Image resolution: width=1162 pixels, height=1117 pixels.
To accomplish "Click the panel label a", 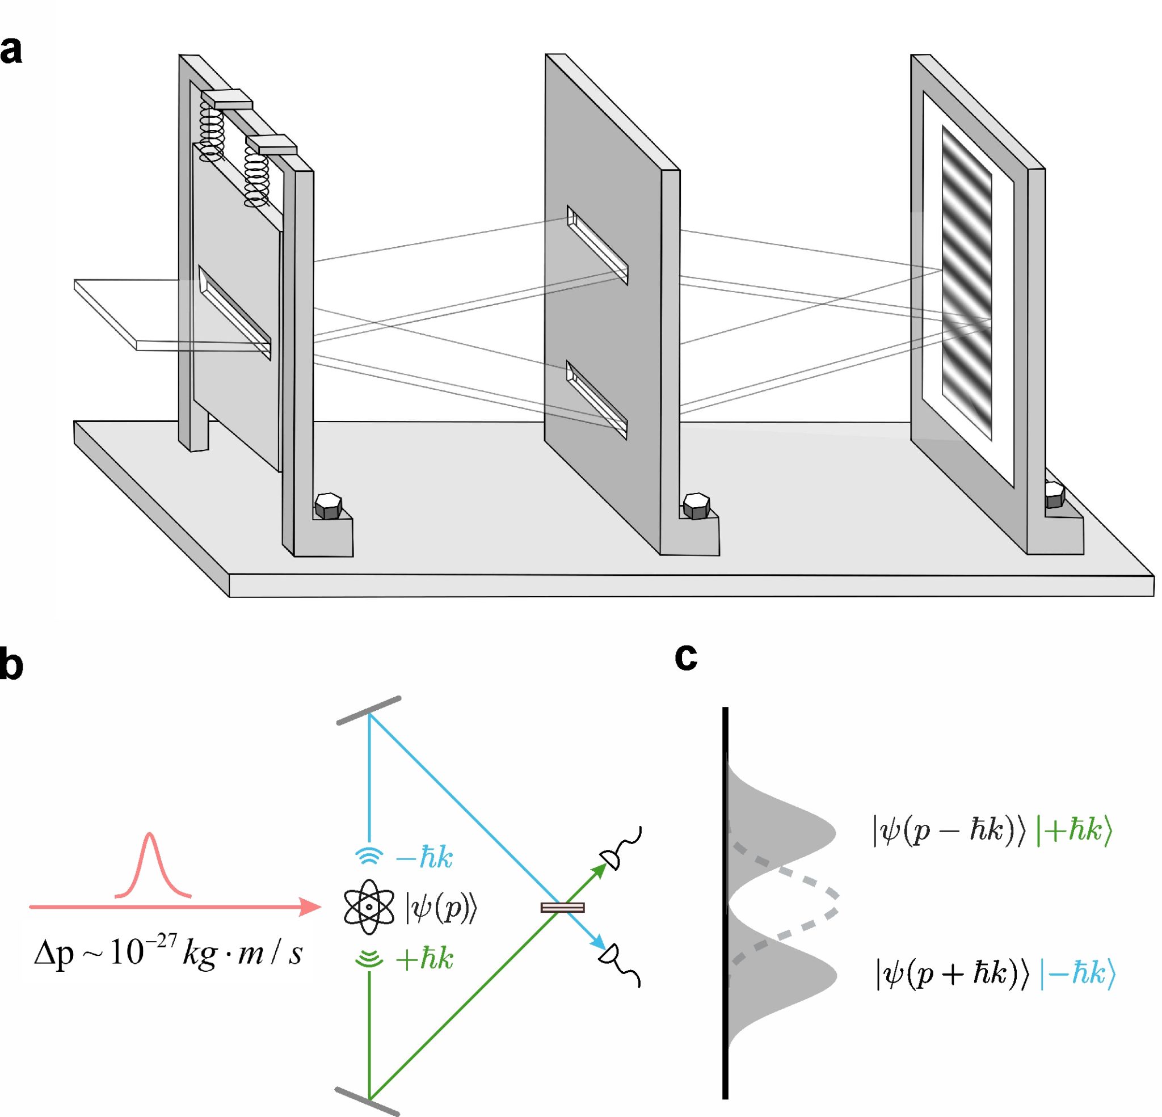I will [x=11, y=51].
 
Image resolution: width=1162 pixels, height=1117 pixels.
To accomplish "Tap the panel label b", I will [x=11, y=665].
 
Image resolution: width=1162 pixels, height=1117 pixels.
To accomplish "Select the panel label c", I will [x=686, y=657].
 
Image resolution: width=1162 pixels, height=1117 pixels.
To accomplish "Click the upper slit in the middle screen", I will [x=597, y=245].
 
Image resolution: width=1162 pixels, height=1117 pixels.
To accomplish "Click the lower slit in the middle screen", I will [x=597, y=400].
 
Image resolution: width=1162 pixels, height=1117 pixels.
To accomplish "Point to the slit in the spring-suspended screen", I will [x=235, y=312].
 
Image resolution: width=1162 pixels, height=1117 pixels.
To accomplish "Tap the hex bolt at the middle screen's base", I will [x=696, y=505].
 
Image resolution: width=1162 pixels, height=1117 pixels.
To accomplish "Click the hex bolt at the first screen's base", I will [x=328, y=505].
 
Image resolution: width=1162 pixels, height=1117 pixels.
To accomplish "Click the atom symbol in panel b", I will [x=369, y=907].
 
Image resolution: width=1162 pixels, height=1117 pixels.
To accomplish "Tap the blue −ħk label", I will [x=424, y=858].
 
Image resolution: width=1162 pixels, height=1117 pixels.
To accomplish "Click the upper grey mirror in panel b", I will [x=369, y=710].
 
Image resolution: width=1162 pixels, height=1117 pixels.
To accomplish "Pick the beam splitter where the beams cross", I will [x=563, y=907].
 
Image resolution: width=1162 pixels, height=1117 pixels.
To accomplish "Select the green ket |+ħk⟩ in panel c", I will [x=1073, y=831].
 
